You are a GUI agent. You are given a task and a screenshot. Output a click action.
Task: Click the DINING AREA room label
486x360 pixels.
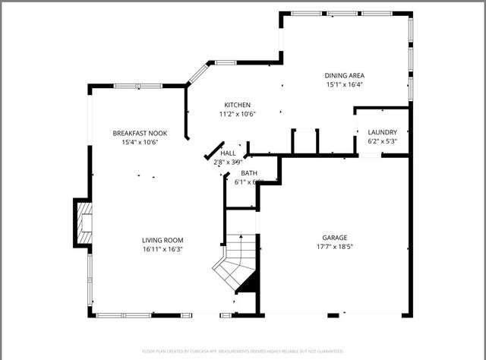tap(345, 75)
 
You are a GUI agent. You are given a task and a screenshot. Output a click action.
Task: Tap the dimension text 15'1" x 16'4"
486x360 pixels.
tap(345, 84)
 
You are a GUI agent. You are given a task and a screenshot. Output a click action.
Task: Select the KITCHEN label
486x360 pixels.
tap(237, 105)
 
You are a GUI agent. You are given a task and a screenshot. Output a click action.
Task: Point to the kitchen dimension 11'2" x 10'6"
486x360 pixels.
tap(237, 114)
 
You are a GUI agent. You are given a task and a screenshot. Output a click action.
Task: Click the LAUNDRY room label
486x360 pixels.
tap(382, 132)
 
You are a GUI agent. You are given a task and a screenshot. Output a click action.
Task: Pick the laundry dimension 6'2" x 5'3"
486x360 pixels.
tap(382, 141)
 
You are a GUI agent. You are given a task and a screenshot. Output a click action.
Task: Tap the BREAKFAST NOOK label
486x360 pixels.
tap(140, 133)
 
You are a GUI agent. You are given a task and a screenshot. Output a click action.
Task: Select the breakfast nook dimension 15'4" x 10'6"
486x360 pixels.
tap(140, 142)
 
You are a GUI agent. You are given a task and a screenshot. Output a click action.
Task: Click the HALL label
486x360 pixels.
tap(228, 153)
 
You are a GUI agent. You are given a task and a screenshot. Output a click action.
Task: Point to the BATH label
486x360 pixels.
tap(249, 173)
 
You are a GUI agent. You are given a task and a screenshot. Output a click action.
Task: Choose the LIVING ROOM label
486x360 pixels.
tap(163, 239)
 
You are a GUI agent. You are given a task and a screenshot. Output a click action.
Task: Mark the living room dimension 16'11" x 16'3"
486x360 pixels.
tap(163, 248)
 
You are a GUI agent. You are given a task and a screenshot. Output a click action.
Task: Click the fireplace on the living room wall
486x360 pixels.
tap(83, 223)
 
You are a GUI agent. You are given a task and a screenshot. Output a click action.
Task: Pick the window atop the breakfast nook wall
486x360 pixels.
tap(137, 86)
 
